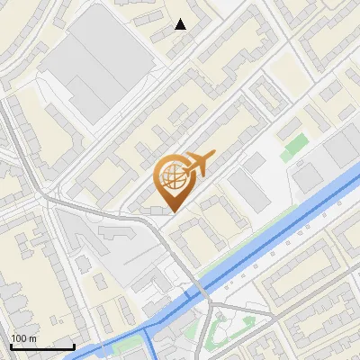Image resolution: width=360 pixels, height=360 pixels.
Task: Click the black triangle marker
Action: [181, 24]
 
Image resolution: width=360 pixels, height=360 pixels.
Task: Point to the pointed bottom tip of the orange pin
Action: [173, 212]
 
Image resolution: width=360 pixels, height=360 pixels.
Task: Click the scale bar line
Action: [42, 346]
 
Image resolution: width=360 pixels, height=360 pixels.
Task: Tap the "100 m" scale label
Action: [23, 338]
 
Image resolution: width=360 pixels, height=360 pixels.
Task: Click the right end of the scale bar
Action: [74, 346]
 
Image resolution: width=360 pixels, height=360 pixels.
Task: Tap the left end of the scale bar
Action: [11, 346]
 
